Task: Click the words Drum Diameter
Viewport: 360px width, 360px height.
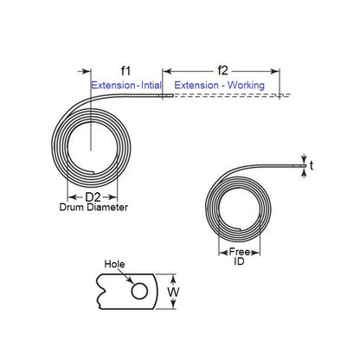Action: pyautogui.click(x=93, y=209)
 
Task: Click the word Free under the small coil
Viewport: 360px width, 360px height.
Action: pyautogui.click(x=240, y=252)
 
